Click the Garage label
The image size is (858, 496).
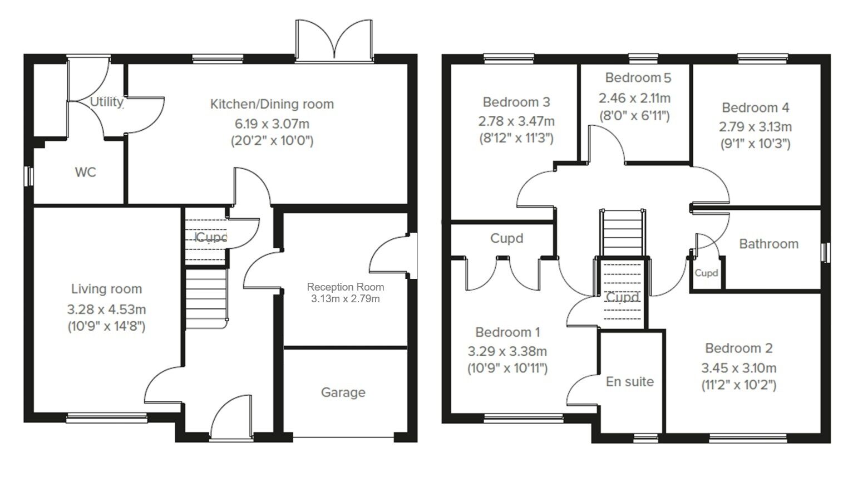[x=343, y=392]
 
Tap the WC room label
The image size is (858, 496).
[x=85, y=173]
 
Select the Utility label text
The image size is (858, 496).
[x=106, y=102]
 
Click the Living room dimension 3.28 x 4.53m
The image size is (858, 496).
[x=106, y=309]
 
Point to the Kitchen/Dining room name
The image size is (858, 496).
[x=272, y=104]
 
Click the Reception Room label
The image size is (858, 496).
[x=345, y=287]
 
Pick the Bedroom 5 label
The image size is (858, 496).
[x=638, y=78]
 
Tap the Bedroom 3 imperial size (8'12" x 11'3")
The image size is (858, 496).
[x=516, y=138]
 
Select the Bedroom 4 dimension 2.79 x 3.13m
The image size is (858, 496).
[x=755, y=127]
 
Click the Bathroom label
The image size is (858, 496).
[x=768, y=244]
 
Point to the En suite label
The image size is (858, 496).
[x=629, y=382]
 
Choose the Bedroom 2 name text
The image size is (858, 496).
[x=738, y=348]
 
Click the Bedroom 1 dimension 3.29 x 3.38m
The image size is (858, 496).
[x=507, y=351]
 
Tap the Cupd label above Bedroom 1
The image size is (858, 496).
[x=506, y=238]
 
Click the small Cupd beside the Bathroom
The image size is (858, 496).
[x=706, y=273]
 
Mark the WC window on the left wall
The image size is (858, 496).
[x=30, y=176]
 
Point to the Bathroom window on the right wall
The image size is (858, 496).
[x=826, y=252]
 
